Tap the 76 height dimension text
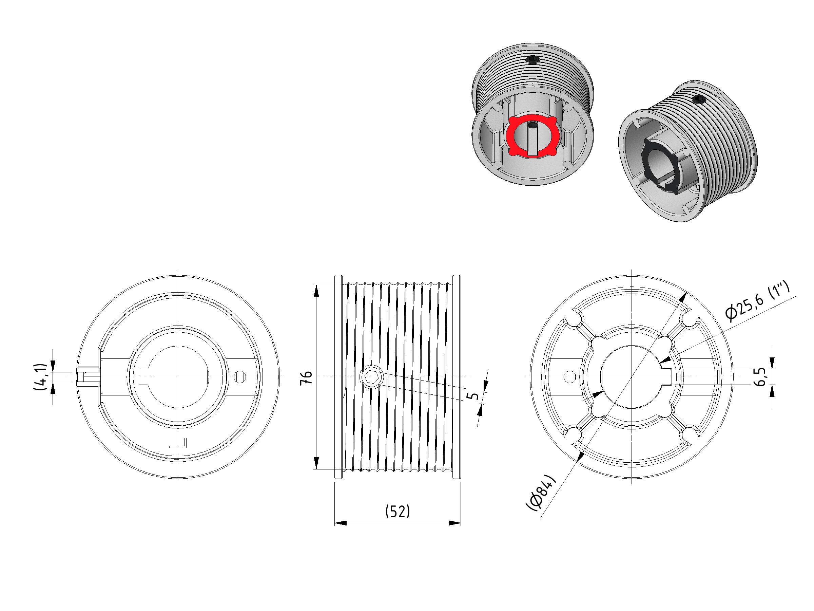click(x=307, y=377)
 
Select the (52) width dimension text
click(x=398, y=512)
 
